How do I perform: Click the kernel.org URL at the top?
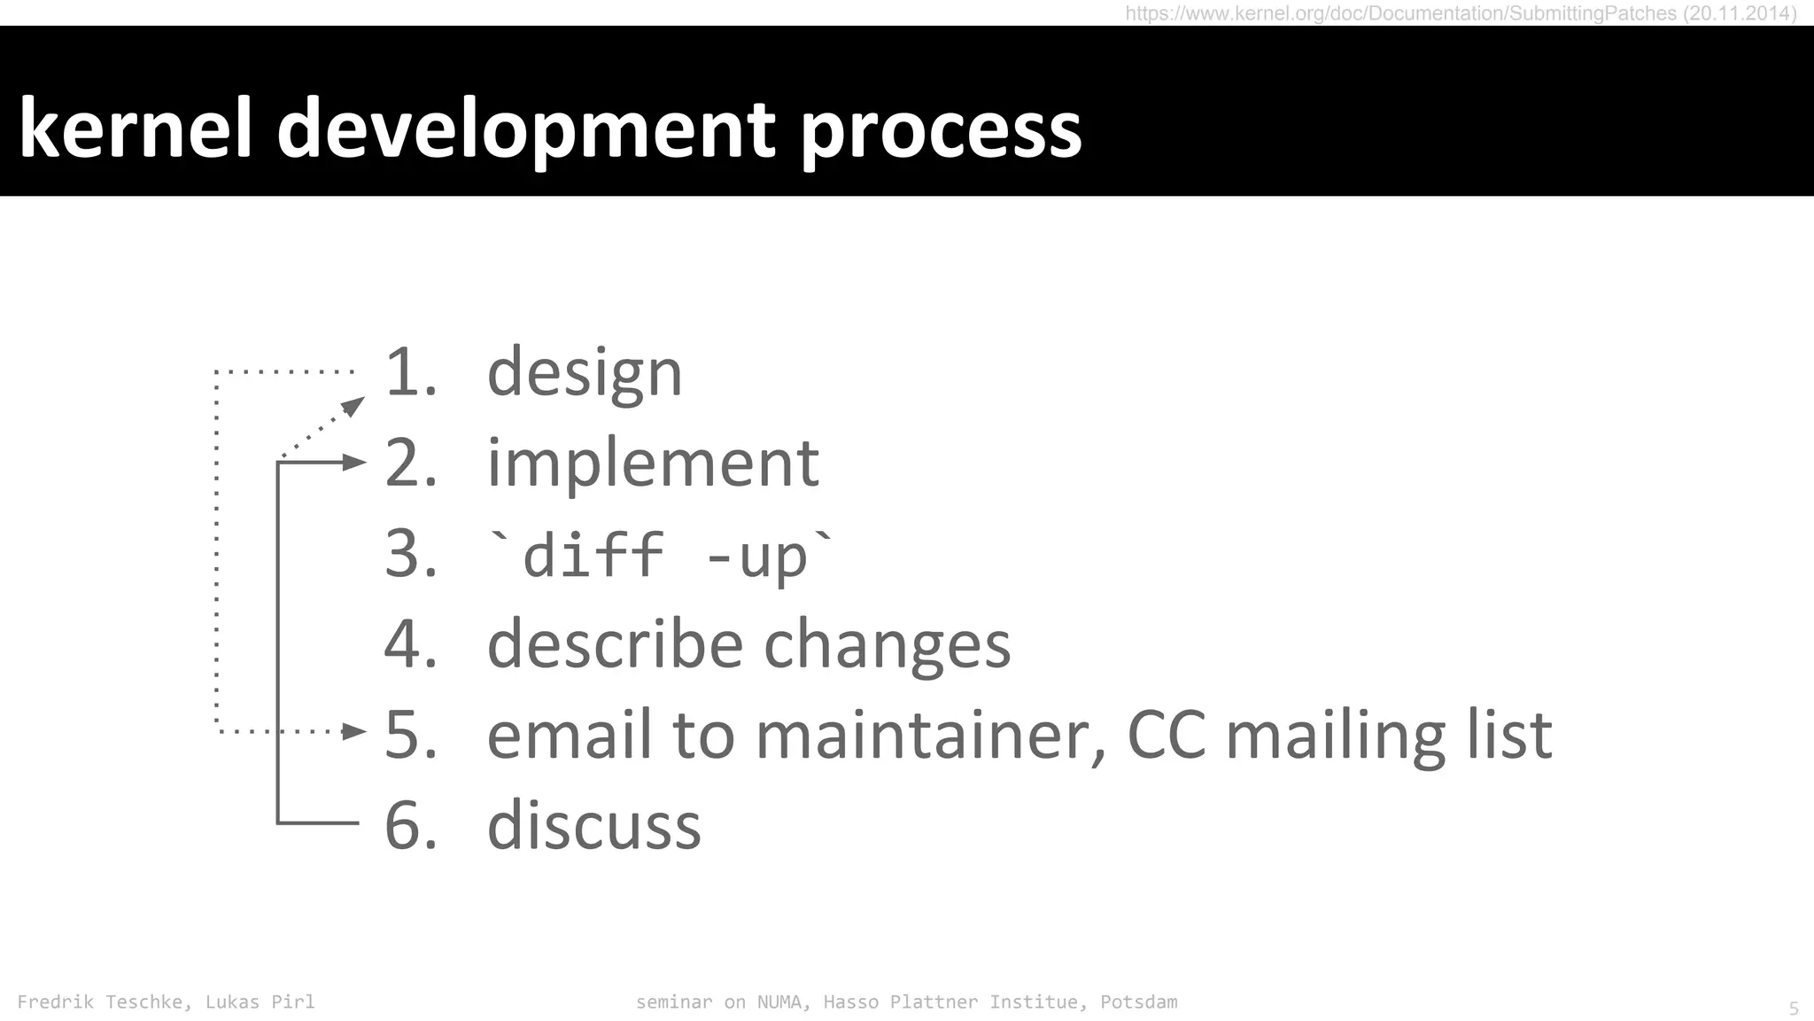click(x=1461, y=13)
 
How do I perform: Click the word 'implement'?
click(x=654, y=463)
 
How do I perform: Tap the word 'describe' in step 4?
click(x=615, y=643)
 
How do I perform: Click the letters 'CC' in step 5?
click(x=1167, y=735)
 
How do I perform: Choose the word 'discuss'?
click(x=594, y=825)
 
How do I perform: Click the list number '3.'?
click(x=411, y=555)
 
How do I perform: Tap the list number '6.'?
click(x=411, y=825)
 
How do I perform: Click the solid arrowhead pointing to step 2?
click(x=354, y=462)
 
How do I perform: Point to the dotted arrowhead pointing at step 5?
click(x=354, y=731)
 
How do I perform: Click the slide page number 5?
click(x=1794, y=1009)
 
